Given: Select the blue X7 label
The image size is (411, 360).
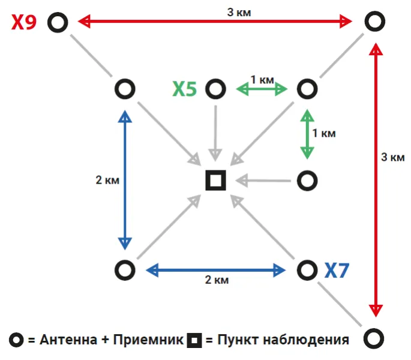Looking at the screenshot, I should tap(337, 270).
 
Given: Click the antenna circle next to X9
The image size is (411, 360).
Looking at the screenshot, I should tap(58, 23).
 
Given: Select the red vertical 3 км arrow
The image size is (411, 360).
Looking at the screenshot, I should tap(376, 180).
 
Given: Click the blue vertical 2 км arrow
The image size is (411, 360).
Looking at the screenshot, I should tap(125, 180).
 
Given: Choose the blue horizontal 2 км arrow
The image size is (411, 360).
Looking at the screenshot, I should tap(216, 270).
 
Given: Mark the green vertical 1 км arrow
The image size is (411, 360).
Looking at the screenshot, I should tap(307, 134).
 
